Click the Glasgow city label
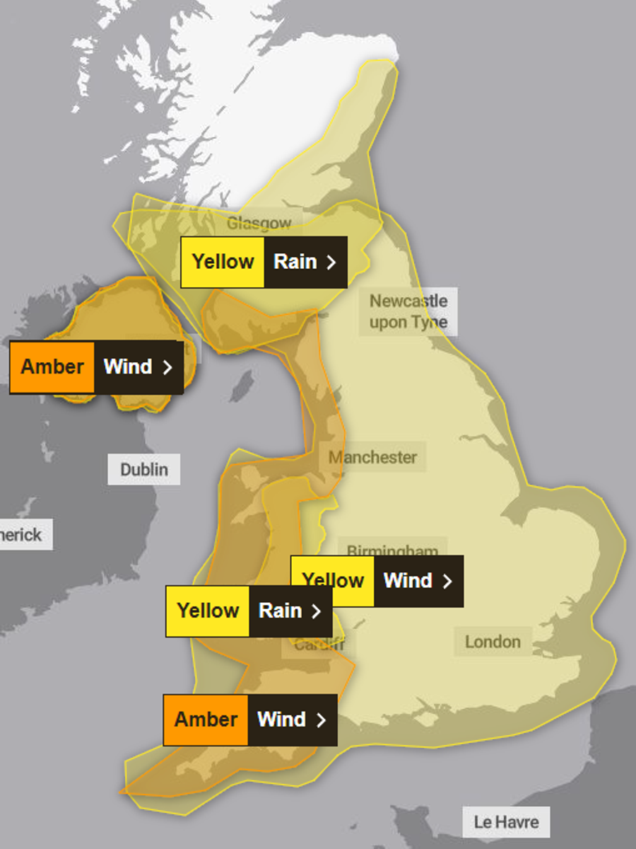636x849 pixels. tap(259, 224)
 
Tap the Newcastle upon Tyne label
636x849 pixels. tap(408, 311)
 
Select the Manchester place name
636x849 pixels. tap(372, 457)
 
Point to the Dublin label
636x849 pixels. tap(144, 469)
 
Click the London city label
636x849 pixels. tap(493, 642)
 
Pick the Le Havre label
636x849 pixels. tap(506, 822)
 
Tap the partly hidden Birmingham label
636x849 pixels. tap(392, 550)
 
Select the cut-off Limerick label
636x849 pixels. tap(21, 535)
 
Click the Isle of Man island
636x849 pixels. tap(242, 386)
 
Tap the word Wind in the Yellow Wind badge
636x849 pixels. tap(407, 581)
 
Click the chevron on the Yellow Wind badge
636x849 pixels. tap(447, 582)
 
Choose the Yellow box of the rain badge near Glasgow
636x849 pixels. tap(223, 262)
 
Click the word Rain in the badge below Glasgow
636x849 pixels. tap(295, 262)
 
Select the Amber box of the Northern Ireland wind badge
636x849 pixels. tap(52, 367)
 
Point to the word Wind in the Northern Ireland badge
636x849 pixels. tap(128, 367)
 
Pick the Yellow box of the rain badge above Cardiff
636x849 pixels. tap(208, 611)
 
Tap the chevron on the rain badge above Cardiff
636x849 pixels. tap(317, 611)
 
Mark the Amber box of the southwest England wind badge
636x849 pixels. tap(206, 720)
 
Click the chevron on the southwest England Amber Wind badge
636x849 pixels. tap(321, 720)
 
